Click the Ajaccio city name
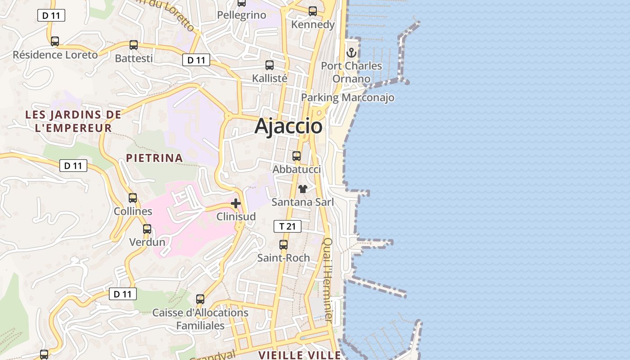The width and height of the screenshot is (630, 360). pyautogui.click(x=288, y=126)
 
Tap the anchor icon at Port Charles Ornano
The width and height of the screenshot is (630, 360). pyautogui.click(x=351, y=53)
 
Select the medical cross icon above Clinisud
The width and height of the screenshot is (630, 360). pyautogui.click(x=236, y=203)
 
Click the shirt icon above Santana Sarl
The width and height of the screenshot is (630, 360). pyautogui.click(x=303, y=189)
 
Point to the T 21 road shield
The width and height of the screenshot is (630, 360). pyautogui.click(x=287, y=226)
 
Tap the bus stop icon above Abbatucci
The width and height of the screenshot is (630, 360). pyautogui.click(x=297, y=156)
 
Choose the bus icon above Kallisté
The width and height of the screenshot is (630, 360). pyautogui.click(x=270, y=65)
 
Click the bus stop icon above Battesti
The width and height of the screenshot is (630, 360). pyautogui.click(x=134, y=45)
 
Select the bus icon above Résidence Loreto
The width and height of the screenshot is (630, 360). pyautogui.click(x=55, y=41)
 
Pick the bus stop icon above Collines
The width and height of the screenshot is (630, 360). pyautogui.click(x=133, y=198)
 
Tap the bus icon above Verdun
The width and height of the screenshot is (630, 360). pyautogui.click(x=147, y=229)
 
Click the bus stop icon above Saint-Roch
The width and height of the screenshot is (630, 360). pyautogui.click(x=283, y=245)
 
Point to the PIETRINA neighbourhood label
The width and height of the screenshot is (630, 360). pyautogui.click(x=154, y=158)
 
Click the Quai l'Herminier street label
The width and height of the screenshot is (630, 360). pyautogui.click(x=328, y=279)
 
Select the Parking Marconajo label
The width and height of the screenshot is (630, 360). pyautogui.click(x=347, y=97)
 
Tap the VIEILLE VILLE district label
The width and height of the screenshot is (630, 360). pyautogui.click(x=300, y=355)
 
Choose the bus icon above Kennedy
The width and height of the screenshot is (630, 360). pyautogui.click(x=313, y=11)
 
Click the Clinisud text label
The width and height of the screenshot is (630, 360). pyautogui.click(x=236, y=216)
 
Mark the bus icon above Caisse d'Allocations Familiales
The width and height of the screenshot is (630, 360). pyautogui.click(x=200, y=299)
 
